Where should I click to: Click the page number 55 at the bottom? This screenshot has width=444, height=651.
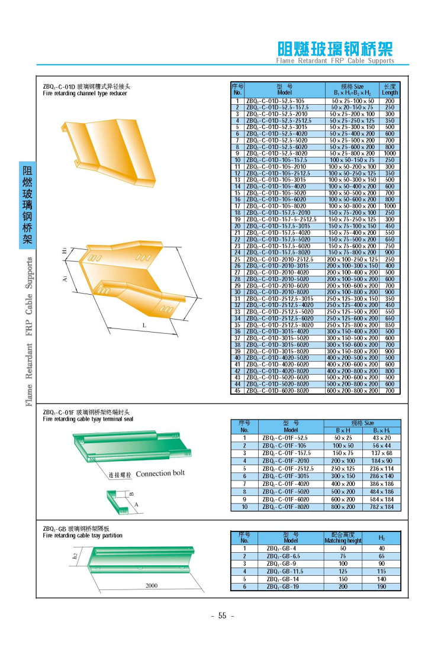click(223, 615)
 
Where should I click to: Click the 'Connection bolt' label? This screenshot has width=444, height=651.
click(160, 473)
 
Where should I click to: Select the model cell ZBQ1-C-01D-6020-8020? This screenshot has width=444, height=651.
click(278, 391)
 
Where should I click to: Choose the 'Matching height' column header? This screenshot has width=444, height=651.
click(343, 540)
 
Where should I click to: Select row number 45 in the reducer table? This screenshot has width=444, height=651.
click(237, 391)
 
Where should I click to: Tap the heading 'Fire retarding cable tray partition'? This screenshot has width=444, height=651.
click(83, 536)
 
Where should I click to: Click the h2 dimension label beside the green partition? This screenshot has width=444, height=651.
click(76, 555)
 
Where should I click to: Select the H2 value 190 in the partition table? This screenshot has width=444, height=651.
click(382, 587)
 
